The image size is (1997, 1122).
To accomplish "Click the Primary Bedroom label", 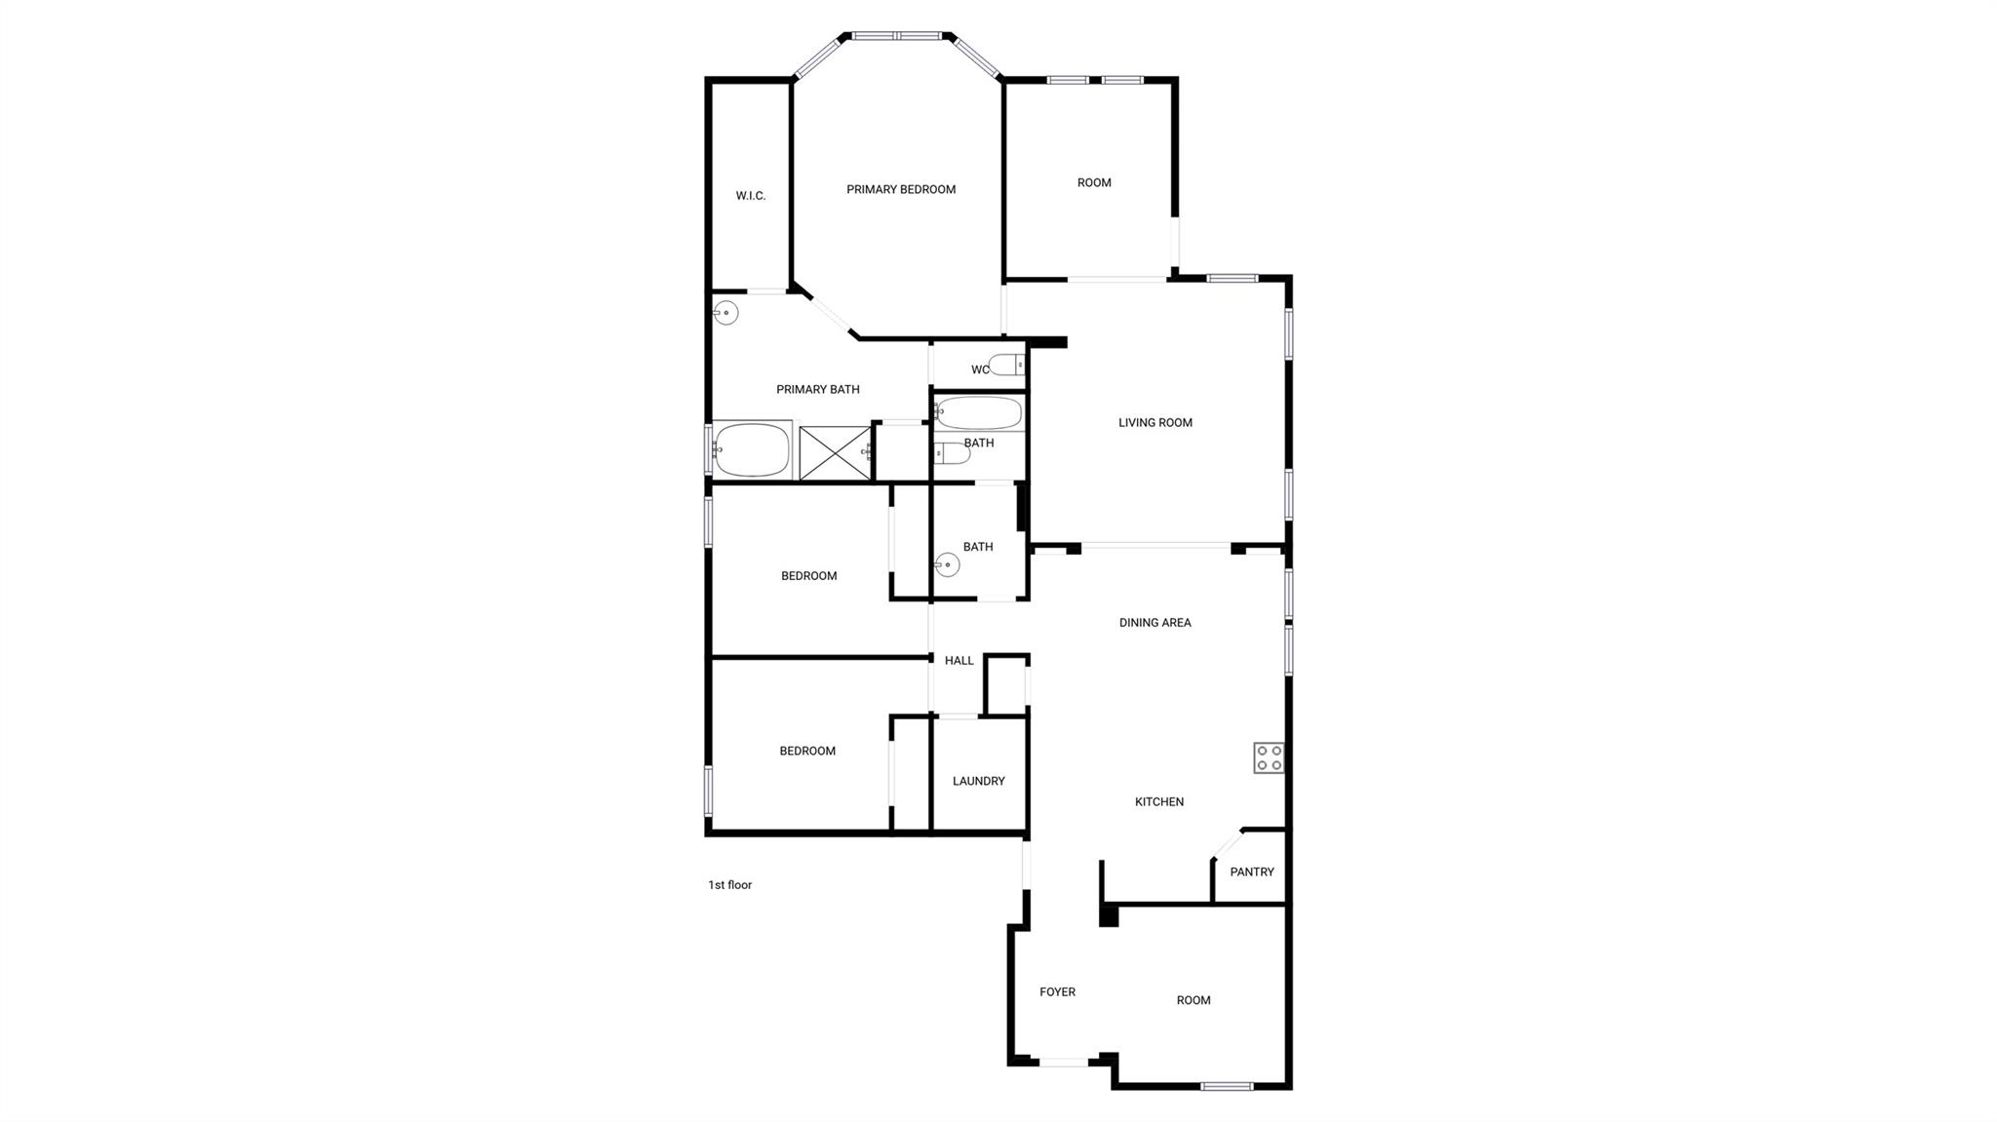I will point(900,190).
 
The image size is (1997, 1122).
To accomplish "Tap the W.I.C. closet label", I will point(750,196).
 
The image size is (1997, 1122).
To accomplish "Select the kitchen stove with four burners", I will point(1269,757).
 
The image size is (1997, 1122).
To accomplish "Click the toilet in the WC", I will point(1005,366).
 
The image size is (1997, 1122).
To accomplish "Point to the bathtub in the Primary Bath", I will point(751,449).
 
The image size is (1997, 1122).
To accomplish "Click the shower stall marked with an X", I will point(835,452).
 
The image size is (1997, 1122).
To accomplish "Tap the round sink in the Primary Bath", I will point(725,313).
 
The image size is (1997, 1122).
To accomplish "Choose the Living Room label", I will point(1155,423).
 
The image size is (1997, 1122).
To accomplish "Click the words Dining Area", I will point(1155,623).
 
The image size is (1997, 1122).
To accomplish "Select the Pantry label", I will point(1251,872).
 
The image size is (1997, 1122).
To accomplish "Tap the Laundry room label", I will point(978,782).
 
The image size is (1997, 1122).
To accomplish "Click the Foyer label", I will point(1057,992).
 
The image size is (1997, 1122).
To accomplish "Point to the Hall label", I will point(959,661).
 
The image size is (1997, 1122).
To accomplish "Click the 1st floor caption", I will point(729,885).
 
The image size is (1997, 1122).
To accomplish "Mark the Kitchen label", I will point(1158,802).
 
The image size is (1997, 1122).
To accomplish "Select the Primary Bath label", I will point(817,390).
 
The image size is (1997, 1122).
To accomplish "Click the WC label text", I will point(979,370).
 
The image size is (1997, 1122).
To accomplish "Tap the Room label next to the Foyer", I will point(1193,1000).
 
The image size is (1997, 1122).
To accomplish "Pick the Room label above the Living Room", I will point(1093,183).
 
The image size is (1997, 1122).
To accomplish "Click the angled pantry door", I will point(1228,843).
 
